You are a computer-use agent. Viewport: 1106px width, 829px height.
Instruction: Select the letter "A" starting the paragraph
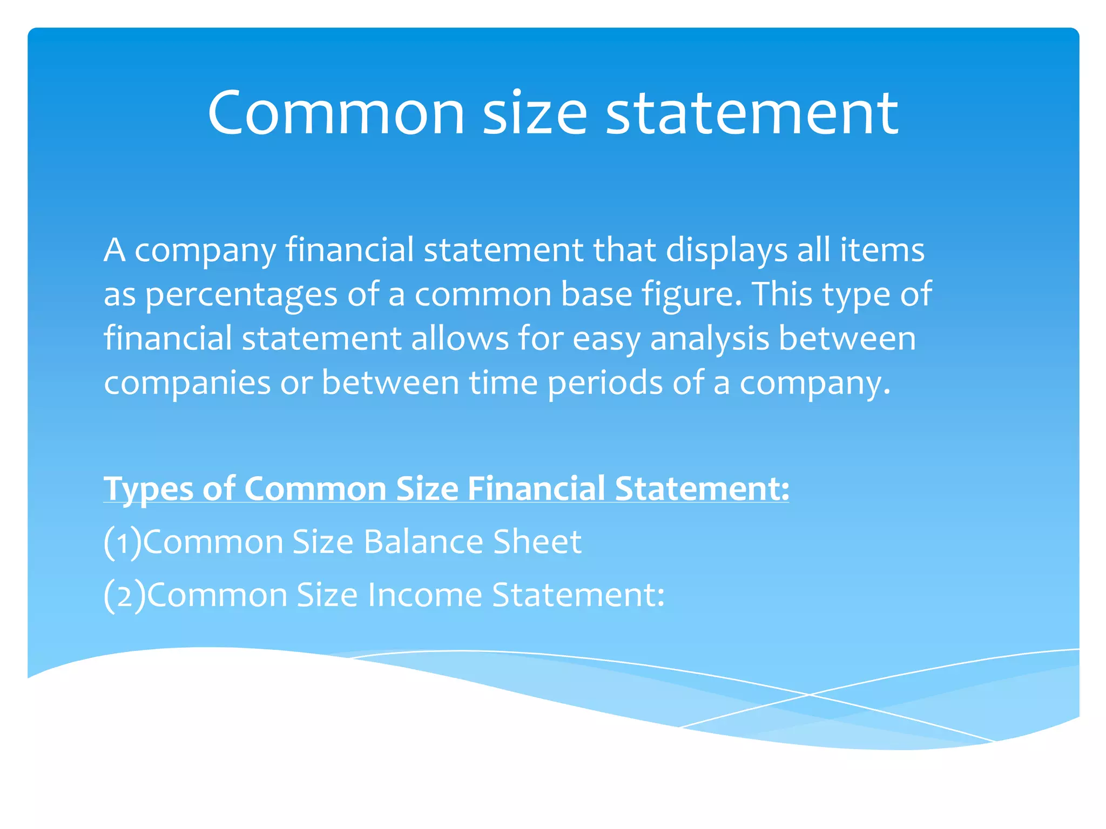pos(115,250)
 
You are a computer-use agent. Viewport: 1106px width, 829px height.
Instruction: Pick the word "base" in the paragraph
pos(596,294)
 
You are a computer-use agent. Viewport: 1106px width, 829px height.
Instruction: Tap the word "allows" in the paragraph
pos(460,338)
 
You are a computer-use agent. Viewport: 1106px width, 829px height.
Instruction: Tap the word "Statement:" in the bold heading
pos(702,488)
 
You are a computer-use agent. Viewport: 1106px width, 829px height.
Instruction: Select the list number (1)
pos(123,542)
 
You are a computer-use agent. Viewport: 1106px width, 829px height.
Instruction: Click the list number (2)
pos(125,596)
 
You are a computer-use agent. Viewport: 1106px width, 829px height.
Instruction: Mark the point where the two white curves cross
pos(808,695)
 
